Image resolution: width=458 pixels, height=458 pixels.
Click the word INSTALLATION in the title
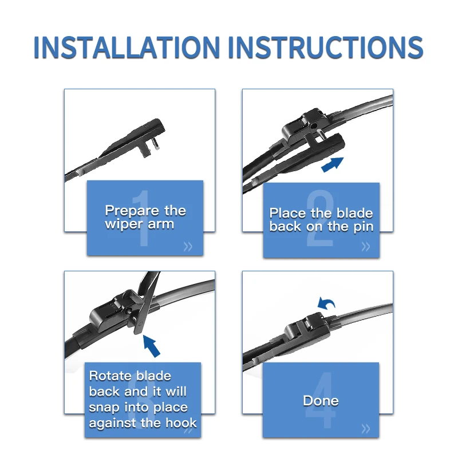127,48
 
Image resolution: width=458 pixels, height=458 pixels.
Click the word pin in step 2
364,227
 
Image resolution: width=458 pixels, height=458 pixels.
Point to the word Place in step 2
287,213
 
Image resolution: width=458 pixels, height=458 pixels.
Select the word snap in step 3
104,408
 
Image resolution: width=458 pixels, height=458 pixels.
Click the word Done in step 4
321,400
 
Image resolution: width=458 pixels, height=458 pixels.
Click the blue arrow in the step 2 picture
333,164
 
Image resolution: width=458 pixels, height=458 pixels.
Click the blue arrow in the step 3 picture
152,346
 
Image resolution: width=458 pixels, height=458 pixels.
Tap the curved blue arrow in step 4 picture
326,304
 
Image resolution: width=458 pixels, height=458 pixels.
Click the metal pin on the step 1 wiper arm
156,144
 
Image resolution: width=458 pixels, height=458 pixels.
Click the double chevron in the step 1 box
188,247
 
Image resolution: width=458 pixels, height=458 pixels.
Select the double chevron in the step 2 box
366,247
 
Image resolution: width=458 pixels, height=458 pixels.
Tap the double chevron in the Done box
366,429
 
